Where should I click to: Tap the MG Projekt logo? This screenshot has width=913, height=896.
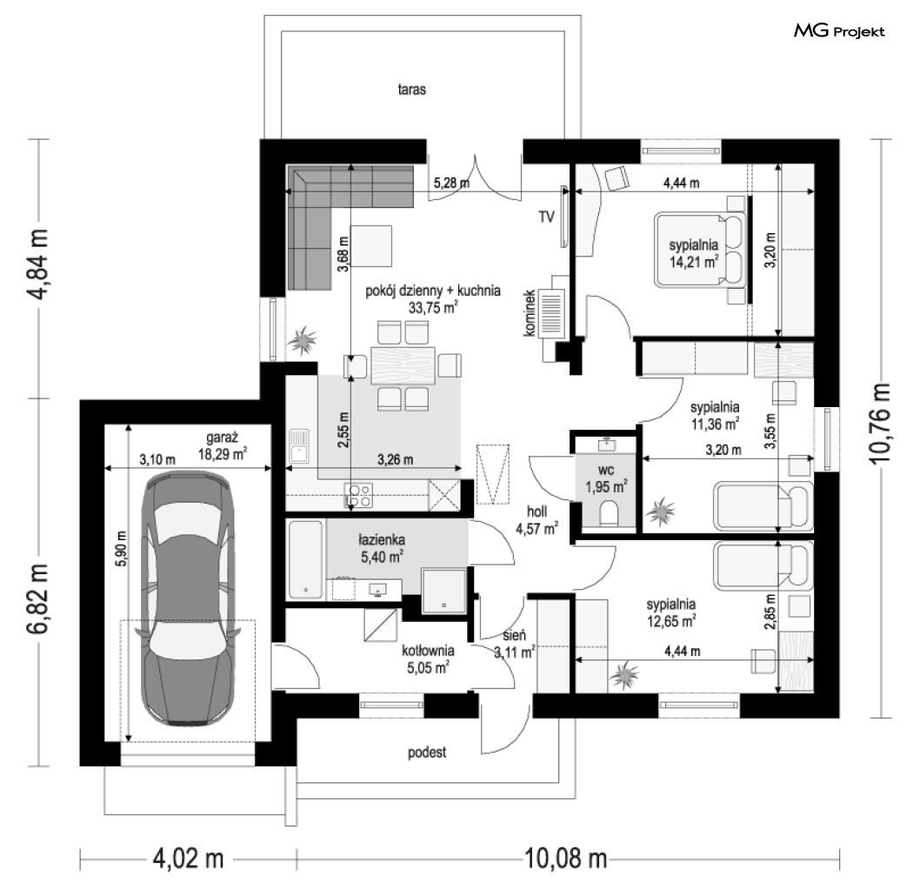[839, 30]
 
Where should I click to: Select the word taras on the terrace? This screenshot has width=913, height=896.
[411, 89]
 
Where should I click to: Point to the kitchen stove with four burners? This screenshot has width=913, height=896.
[358, 495]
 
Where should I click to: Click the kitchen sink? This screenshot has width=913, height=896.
[299, 445]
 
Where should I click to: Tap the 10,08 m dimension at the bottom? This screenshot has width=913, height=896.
[566, 858]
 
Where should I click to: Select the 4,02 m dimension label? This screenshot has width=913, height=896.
[188, 858]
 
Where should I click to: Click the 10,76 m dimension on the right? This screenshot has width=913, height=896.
[880, 424]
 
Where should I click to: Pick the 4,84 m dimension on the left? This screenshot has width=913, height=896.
[39, 264]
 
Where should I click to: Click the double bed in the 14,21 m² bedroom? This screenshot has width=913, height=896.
[700, 250]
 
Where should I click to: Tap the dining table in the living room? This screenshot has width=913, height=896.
[403, 365]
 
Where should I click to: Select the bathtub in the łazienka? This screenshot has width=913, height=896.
[306, 559]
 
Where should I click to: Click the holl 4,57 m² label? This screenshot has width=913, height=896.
[536, 520]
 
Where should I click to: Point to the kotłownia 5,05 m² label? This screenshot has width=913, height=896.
[428, 659]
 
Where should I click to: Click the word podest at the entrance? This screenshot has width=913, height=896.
[427, 752]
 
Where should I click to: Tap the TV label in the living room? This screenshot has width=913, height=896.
[546, 217]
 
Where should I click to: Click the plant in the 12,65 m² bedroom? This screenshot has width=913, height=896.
[625, 675]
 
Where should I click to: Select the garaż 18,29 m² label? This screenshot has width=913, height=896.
[222, 445]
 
